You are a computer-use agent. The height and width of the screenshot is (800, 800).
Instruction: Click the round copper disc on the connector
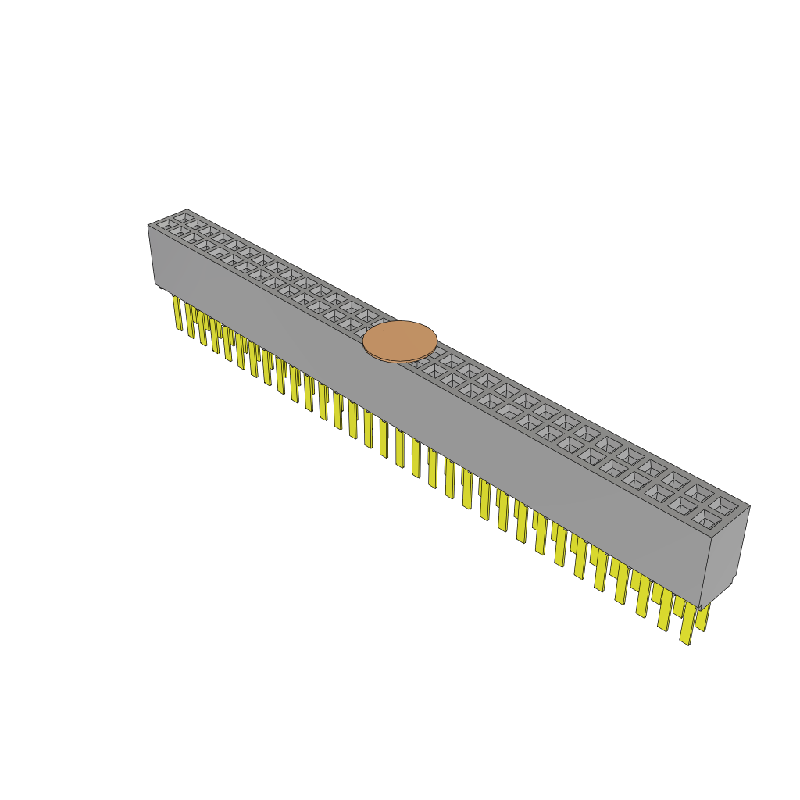click(400, 341)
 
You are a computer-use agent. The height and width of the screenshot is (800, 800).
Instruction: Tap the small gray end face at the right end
click(724, 555)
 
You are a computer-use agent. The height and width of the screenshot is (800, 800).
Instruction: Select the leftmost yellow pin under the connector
click(177, 312)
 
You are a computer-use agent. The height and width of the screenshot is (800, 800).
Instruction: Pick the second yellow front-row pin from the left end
click(190, 321)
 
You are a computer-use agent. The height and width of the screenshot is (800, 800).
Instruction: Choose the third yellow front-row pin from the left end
click(202, 329)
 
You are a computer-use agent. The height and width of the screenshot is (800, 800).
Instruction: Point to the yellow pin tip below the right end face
click(702, 617)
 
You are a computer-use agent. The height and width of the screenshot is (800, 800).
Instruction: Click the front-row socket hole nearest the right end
click(705, 517)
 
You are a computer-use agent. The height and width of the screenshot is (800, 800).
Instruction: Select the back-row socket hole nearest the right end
click(723, 505)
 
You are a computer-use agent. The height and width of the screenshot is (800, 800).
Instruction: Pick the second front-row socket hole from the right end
click(682, 505)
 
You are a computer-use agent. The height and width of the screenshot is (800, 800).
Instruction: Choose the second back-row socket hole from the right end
click(699, 493)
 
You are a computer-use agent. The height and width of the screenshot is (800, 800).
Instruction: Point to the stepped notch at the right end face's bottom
click(731, 580)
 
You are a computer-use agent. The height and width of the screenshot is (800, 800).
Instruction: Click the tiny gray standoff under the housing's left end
click(160, 287)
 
